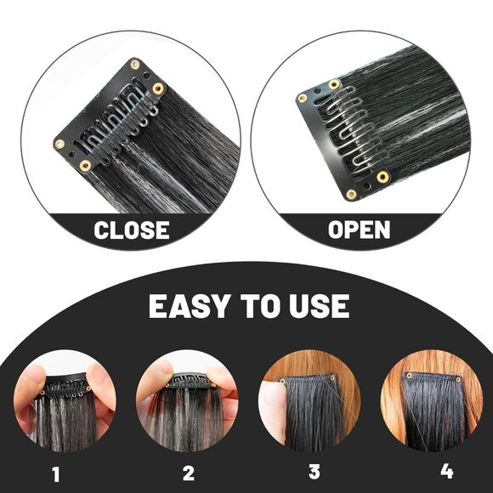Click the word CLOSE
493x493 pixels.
(132, 229)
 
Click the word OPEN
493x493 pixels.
(359, 229)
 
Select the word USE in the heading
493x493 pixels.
(319, 306)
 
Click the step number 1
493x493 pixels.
(56, 474)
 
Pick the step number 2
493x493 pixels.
(189, 473)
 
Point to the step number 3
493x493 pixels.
(314, 472)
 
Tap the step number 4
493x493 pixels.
(447, 471)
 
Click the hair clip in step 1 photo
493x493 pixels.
(65, 385)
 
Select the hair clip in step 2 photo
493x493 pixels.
(190, 381)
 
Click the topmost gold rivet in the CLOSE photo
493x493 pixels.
(135, 65)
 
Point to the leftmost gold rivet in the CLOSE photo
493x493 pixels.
(59, 144)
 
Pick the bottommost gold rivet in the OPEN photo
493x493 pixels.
(351, 195)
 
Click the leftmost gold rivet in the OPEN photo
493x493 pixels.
(302, 99)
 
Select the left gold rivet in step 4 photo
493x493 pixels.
(409, 376)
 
